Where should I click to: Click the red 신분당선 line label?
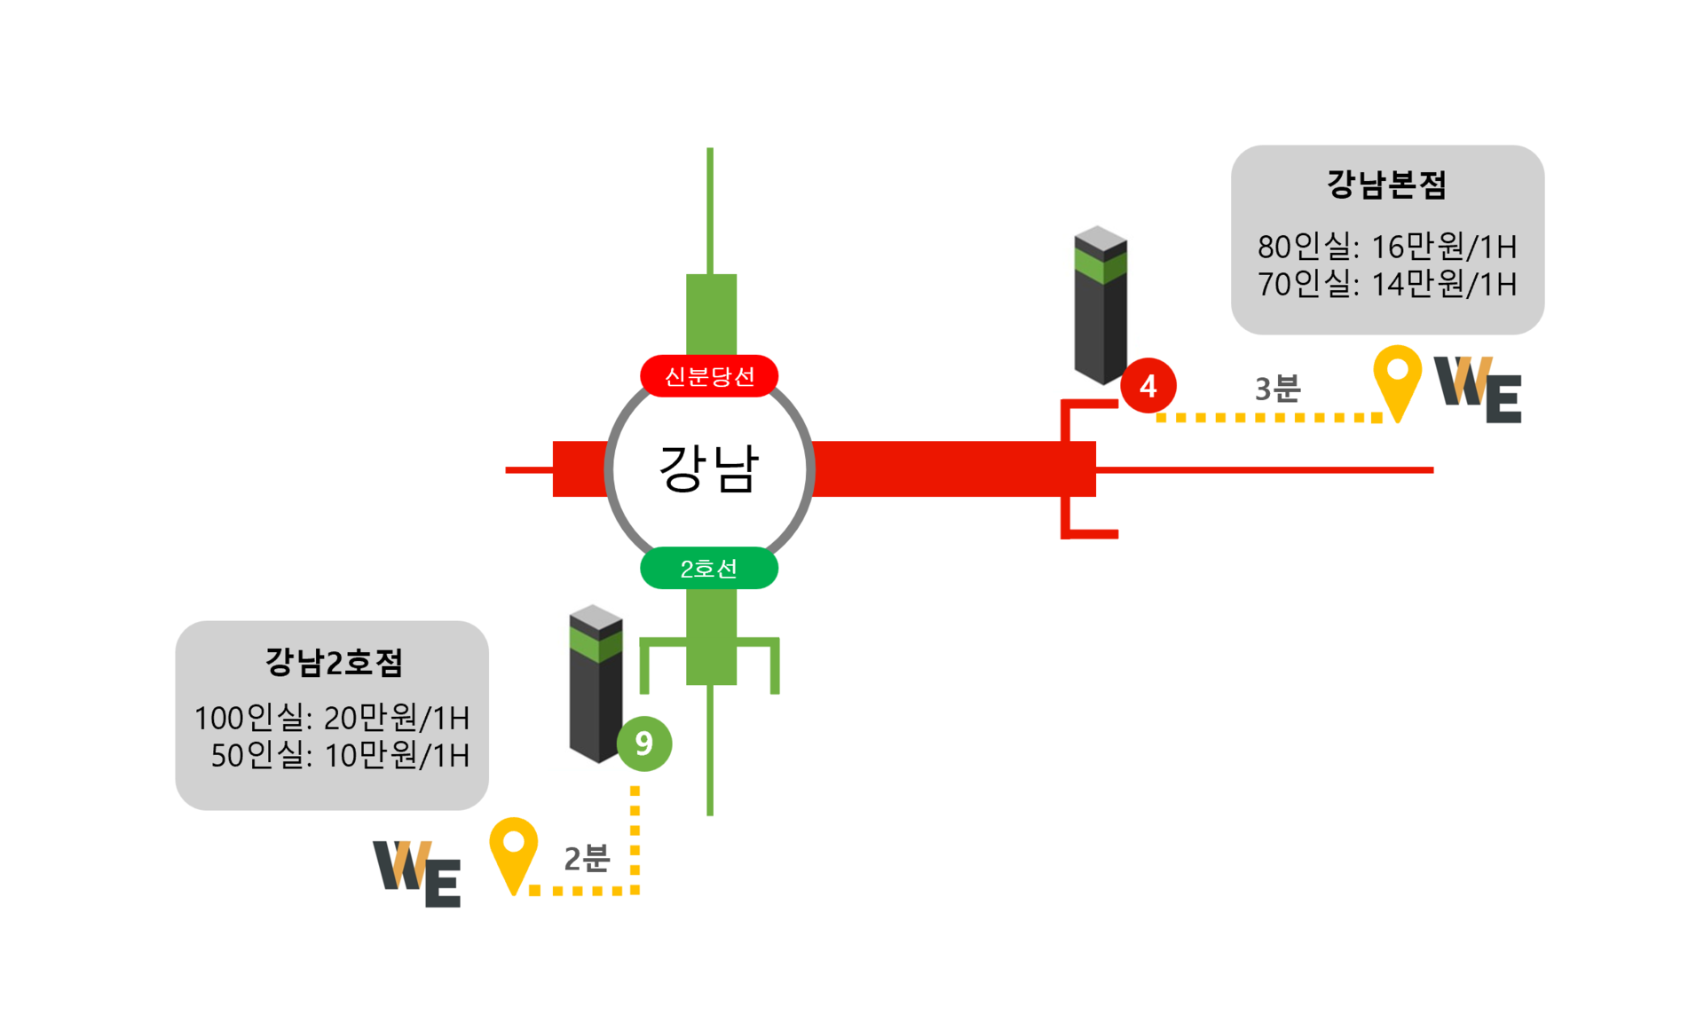(x=709, y=376)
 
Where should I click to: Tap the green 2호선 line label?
(x=709, y=568)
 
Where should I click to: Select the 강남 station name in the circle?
(x=709, y=468)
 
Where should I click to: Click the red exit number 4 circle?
(x=1148, y=386)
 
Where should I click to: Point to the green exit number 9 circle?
(x=644, y=744)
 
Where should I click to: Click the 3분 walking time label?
(x=1278, y=389)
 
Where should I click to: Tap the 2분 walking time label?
(x=588, y=858)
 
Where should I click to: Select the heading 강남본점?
(x=1387, y=185)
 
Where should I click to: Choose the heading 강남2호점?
(x=334, y=662)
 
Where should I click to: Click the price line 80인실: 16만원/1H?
(x=1387, y=246)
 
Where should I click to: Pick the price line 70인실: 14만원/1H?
(x=1387, y=284)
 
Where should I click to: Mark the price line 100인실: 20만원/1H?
(x=332, y=717)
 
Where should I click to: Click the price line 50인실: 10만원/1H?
(x=340, y=755)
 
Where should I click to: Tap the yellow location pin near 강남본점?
(x=1398, y=377)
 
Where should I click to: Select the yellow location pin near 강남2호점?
(x=514, y=850)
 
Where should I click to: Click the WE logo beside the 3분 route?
(x=1479, y=389)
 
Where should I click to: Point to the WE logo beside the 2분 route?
(x=417, y=873)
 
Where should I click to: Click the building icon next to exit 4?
(x=1100, y=305)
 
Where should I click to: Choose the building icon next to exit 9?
(x=596, y=683)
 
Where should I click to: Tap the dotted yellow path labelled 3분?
(x=1269, y=417)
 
